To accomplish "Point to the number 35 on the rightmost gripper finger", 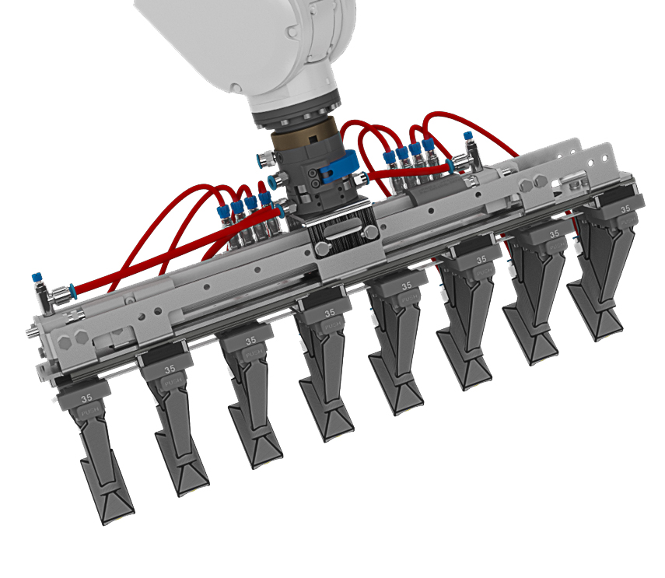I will (x=625, y=208).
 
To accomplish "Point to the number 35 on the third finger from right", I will (x=481, y=259).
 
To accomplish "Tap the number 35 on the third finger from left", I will (x=250, y=341).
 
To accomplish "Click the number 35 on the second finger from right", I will (x=555, y=233).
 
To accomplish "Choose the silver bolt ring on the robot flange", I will (x=299, y=116).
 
